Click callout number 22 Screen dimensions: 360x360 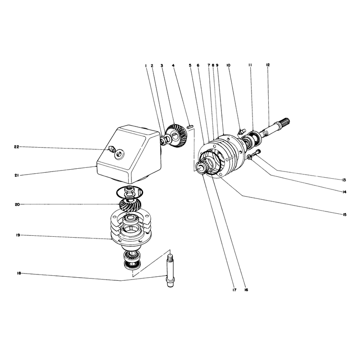17,147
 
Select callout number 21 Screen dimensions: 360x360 16,175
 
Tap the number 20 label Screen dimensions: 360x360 18,204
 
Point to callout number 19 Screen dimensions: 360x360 18,235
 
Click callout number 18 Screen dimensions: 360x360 19,273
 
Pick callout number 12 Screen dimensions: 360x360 268,65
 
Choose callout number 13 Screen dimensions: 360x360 344,180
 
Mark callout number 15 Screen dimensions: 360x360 344,215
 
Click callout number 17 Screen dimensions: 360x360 234,290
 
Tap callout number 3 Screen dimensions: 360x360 162,65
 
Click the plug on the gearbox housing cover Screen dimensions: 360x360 111,149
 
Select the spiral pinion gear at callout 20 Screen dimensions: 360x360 130,203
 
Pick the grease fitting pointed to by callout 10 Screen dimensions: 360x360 242,132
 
